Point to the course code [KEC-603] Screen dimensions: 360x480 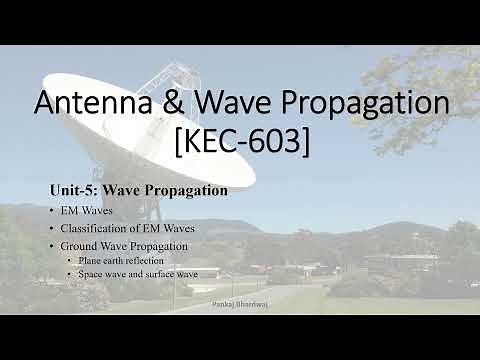[240, 142]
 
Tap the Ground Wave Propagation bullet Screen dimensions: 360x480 [124, 246]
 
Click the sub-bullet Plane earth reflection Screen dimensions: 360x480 [122, 259]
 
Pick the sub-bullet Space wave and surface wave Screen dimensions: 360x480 [138, 272]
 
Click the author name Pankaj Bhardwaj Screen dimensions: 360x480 [240, 301]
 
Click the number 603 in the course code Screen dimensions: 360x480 [279, 142]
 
